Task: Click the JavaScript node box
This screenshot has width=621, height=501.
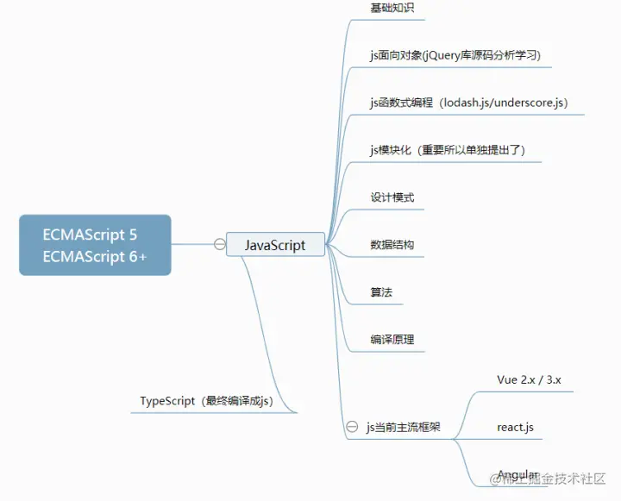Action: click(x=276, y=245)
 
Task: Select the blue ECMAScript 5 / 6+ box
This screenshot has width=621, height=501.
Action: click(x=95, y=245)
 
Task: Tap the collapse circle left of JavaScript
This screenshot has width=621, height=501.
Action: click(x=220, y=245)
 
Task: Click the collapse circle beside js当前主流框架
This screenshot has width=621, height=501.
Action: click(x=352, y=427)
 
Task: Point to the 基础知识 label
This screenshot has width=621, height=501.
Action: click(x=392, y=8)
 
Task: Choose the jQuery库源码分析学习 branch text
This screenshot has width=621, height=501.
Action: click(x=455, y=55)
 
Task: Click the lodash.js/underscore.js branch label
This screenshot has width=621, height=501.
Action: click(x=468, y=103)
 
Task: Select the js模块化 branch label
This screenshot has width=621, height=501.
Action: click(x=448, y=150)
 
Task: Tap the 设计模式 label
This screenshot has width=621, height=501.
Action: click(x=392, y=197)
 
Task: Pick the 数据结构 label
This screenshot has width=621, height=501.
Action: click(x=392, y=245)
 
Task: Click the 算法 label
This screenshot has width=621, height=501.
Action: click(x=381, y=292)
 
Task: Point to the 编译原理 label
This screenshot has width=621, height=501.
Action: click(x=392, y=340)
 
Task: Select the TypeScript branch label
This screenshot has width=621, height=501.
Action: click(x=207, y=401)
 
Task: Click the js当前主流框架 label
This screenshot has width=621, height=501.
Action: click(x=404, y=427)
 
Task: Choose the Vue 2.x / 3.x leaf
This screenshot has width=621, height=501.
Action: click(x=529, y=379)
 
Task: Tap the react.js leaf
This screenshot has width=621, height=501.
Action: click(x=516, y=427)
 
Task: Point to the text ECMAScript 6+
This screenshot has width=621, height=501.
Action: click(x=95, y=257)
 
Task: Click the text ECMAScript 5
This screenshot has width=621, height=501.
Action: click(x=90, y=235)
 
